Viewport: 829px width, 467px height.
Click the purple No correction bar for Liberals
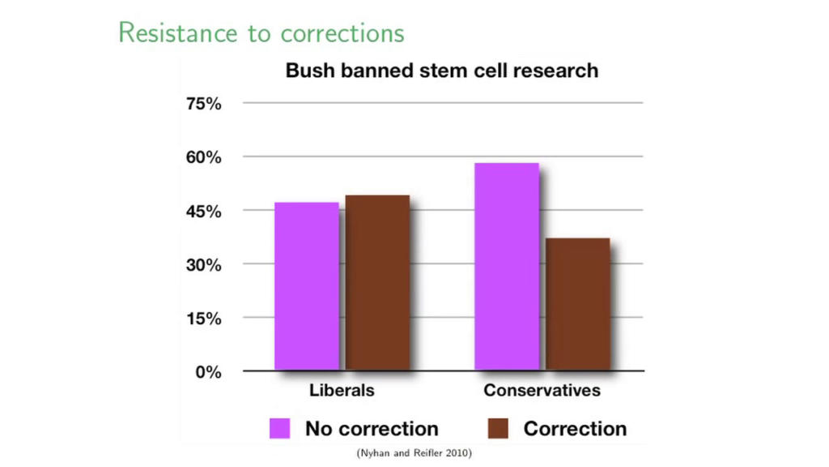(307, 286)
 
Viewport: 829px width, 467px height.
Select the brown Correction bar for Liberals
(377, 283)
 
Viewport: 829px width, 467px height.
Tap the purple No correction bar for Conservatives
(507, 266)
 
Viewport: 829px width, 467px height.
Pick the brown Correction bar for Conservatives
(578, 304)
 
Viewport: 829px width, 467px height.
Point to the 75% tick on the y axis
(203, 103)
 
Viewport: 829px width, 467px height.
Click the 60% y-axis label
(203, 157)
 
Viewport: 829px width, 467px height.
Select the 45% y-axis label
(203, 212)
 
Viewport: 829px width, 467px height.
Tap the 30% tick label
(203, 265)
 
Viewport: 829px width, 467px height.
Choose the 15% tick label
(203, 319)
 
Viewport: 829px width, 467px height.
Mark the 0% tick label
(208, 372)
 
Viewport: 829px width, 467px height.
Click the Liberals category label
(342, 390)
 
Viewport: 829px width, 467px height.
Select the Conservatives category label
(542, 390)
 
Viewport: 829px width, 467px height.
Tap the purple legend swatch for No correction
(279, 428)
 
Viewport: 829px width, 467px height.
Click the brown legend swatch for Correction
(498, 428)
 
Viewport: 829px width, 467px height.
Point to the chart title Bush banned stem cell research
(442, 71)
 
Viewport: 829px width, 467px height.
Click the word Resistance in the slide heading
(178, 32)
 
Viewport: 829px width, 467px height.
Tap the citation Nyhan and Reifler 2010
(414, 452)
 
